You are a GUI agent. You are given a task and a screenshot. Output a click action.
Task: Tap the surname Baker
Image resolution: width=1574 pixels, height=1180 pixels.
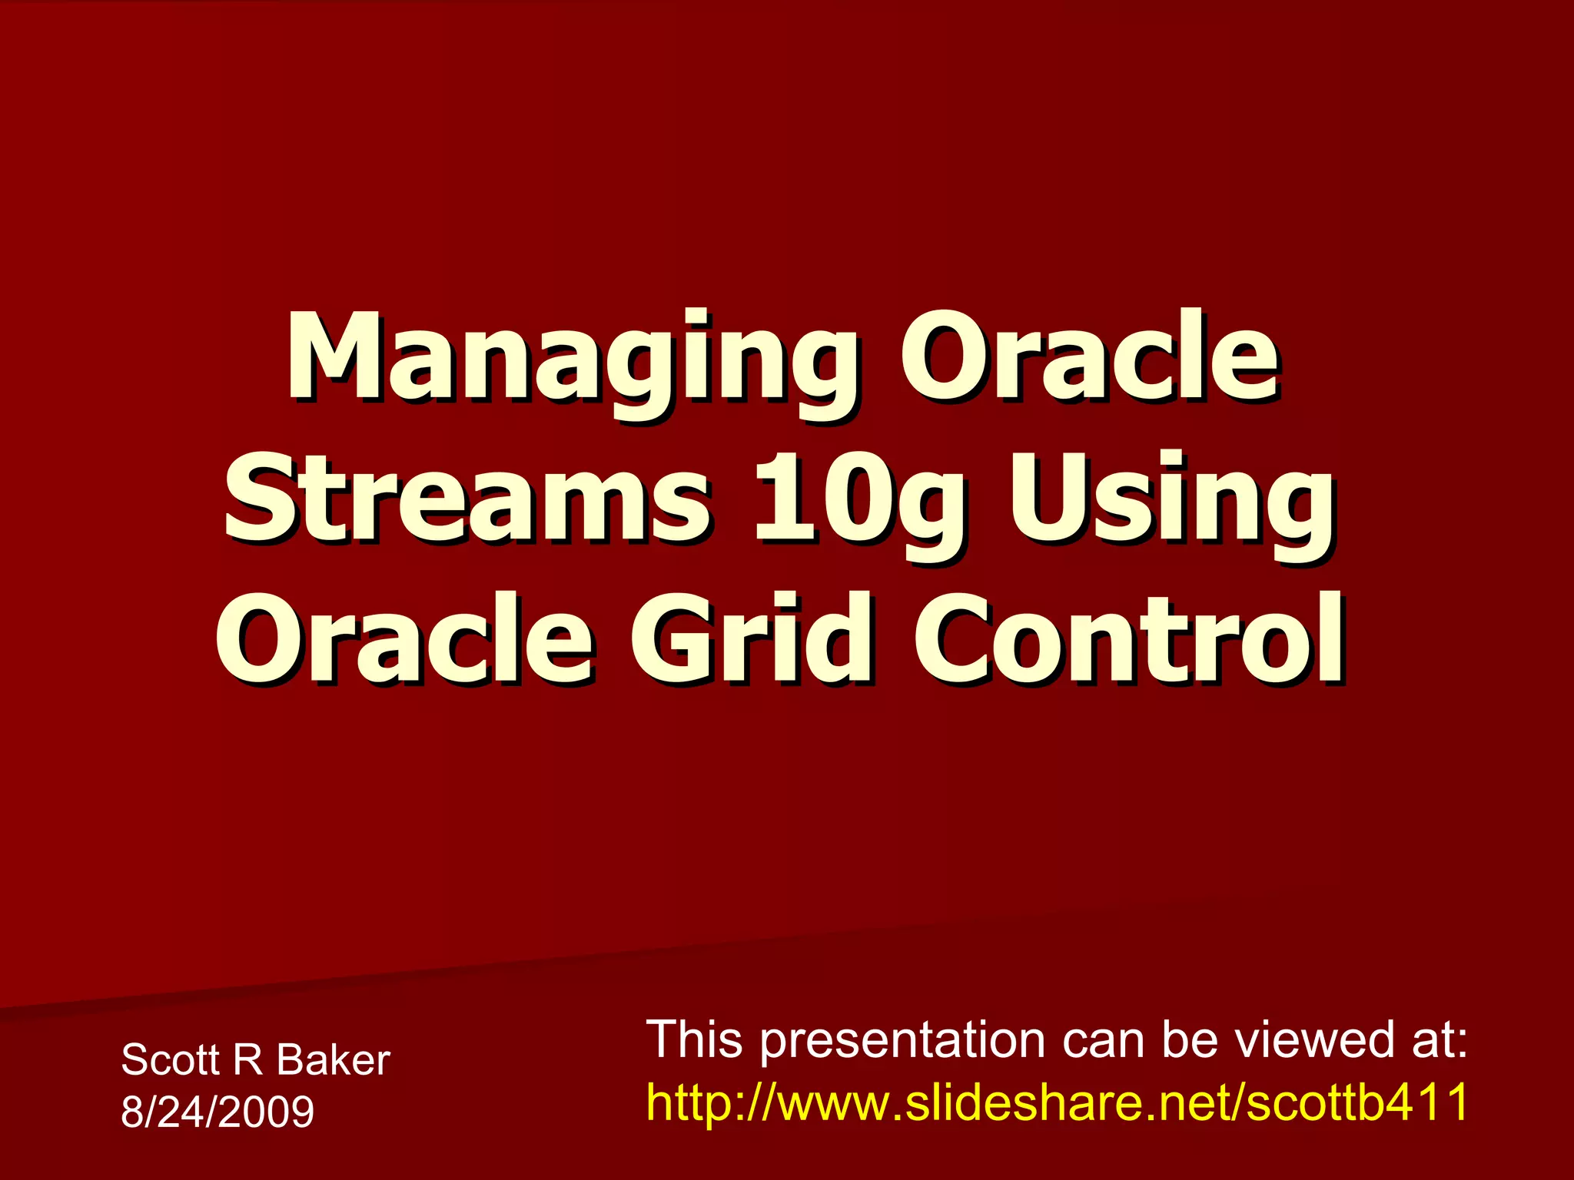(333, 1060)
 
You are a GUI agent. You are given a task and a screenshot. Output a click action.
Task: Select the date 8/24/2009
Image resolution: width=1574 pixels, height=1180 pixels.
(218, 1112)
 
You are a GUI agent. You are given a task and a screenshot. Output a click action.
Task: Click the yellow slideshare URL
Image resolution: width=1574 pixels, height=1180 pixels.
(1057, 1102)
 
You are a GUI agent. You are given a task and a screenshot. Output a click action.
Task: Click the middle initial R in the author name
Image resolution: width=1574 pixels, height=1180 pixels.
(247, 1060)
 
